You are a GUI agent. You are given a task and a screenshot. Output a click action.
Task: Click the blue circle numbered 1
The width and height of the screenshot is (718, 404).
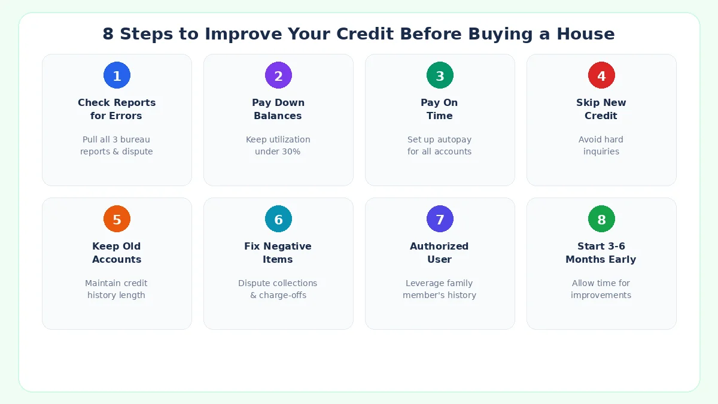117,75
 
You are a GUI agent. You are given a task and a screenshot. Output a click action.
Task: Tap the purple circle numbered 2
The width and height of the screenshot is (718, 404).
278,75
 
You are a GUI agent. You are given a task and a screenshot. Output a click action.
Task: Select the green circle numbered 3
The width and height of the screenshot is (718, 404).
440,75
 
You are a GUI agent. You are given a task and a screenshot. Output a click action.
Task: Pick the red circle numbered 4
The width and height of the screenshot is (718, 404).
601,75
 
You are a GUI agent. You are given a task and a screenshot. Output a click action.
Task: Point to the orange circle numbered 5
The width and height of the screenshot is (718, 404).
117,219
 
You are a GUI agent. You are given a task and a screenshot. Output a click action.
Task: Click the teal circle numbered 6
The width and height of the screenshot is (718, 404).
278,219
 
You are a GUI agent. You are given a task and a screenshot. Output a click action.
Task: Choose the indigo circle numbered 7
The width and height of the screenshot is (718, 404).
440,219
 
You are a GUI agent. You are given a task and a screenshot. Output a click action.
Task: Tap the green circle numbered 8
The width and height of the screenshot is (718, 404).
601,219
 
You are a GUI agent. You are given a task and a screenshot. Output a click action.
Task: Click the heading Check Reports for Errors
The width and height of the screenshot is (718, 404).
117,109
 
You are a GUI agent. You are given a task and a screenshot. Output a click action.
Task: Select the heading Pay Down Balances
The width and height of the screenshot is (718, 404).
278,109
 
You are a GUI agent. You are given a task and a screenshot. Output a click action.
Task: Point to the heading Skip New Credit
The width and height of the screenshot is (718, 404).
601,109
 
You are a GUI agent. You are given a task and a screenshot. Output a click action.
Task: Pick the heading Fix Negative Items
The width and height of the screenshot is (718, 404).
278,253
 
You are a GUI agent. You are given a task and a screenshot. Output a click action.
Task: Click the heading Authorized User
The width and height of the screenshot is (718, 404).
440,253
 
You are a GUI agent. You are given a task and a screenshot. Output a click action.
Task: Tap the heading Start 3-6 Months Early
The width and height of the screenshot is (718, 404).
601,253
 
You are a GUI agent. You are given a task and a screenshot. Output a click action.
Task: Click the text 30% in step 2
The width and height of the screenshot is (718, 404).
291,151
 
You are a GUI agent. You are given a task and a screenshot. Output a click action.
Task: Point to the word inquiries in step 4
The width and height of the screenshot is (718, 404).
601,151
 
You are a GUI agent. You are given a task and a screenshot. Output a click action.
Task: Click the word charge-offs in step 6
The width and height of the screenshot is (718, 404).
282,295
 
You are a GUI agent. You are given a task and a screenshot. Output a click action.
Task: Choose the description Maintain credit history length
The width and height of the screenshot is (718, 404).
117,289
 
